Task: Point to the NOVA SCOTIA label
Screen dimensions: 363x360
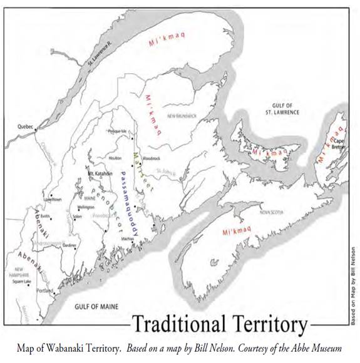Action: [268, 212]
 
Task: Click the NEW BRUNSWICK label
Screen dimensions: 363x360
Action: [182, 116]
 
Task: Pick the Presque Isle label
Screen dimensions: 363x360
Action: [118, 131]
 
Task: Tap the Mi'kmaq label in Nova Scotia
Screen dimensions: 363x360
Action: [237, 232]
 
